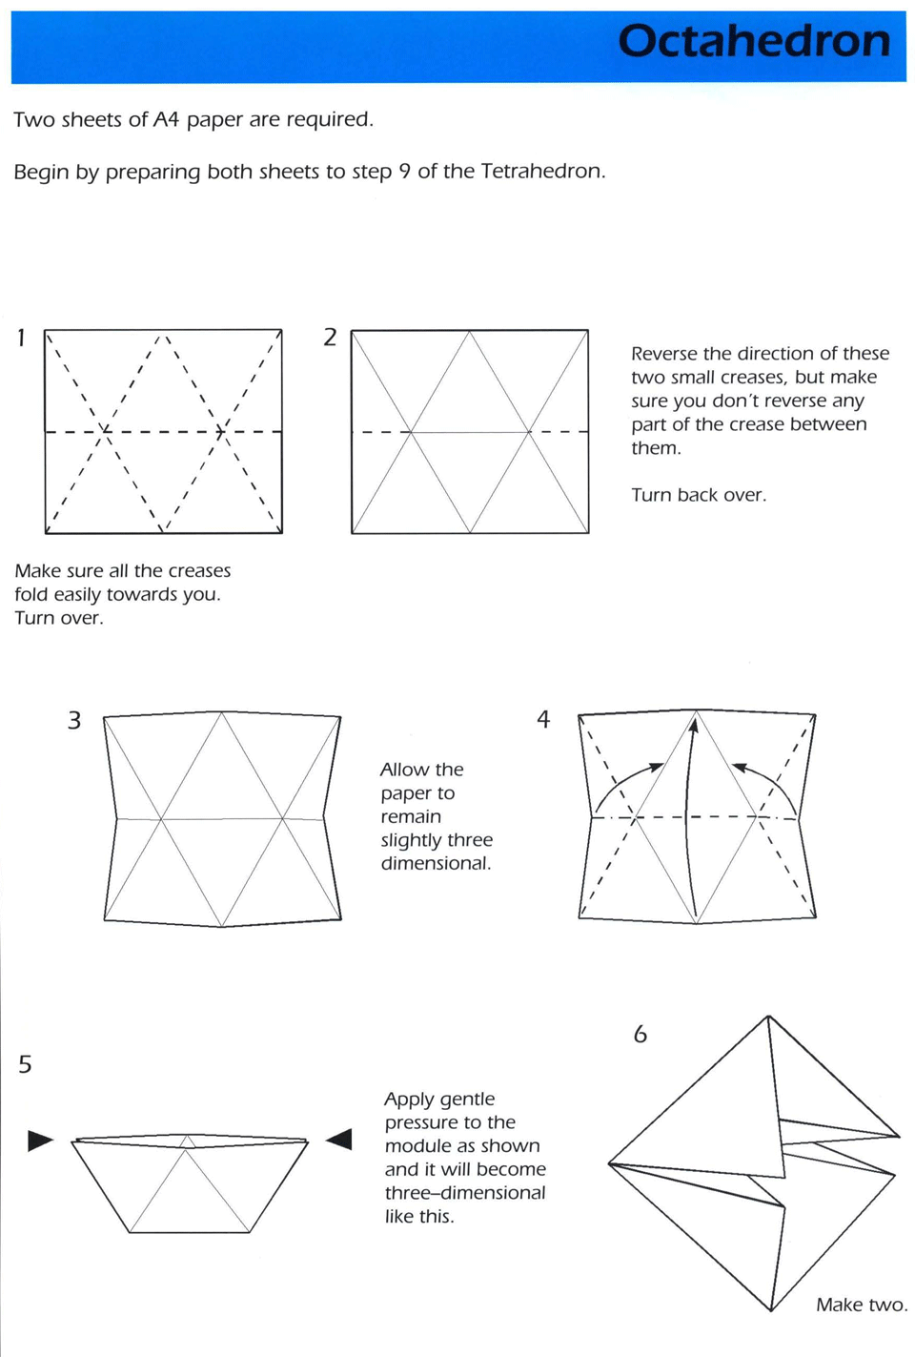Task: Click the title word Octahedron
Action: [754, 42]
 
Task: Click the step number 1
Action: [22, 338]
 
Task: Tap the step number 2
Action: [330, 338]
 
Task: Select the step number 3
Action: [74, 720]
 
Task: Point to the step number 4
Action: [543, 720]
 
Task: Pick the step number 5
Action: [25, 1064]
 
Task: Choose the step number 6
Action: [640, 1035]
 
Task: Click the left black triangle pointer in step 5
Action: [40, 1141]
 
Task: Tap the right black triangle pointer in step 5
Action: [339, 1140]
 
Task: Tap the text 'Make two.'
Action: [861, 1305]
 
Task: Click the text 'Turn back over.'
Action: [698, 495]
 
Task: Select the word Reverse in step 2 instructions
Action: [664, 354]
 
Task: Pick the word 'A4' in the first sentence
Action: [166, 120]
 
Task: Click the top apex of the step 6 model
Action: [768, 1018]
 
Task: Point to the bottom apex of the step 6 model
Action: [771, 1310]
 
